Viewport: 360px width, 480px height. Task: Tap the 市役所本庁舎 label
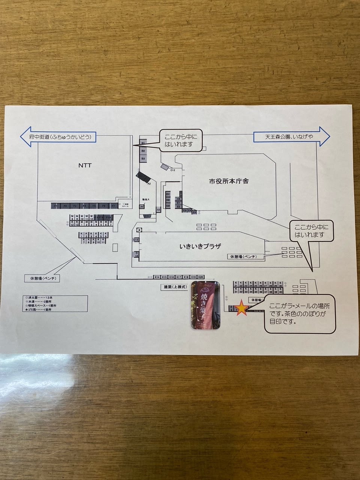[x=229, y=181]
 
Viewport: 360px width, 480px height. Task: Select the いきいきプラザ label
[x=200, y=246]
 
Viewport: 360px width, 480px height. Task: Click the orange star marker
[x=242, y=308]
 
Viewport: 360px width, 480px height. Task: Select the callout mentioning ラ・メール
[x=300, y=313]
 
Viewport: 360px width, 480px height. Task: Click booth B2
[x=143, y=151]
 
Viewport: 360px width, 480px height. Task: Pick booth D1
[x=168, y=194]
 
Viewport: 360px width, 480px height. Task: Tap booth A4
[x=142, y=207]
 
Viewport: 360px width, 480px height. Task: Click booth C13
[x=136, y=240]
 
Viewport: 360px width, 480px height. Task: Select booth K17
[x=179, y=277]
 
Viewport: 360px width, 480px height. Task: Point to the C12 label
[x=173, y=170]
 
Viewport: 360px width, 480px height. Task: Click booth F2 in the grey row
[x=65, y=206]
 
